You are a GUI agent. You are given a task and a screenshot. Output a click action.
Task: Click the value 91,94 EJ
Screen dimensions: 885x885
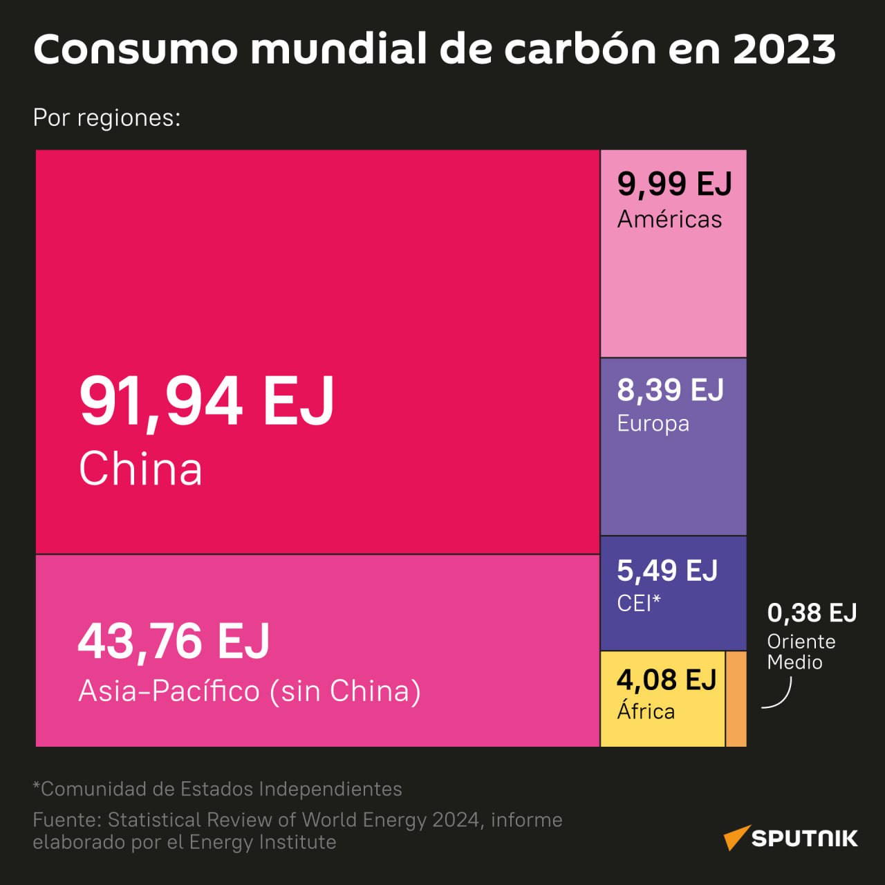point(207,402)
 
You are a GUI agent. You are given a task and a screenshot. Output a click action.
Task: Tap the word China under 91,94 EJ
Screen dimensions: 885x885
point(140,469)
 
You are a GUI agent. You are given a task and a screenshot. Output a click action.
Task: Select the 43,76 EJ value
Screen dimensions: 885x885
point(174,642)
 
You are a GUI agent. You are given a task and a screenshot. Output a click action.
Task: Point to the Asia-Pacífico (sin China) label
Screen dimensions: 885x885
point(250,691)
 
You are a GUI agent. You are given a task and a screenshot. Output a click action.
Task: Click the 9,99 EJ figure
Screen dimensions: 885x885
point(674,184)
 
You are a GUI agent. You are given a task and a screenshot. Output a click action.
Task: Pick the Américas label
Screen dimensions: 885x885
point(669,219)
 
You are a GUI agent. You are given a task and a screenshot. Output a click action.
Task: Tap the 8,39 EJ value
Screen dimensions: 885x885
point(670,391)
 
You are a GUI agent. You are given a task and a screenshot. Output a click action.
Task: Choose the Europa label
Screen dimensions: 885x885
point(653,423)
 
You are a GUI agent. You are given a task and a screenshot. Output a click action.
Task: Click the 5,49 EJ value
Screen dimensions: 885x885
point(667,571)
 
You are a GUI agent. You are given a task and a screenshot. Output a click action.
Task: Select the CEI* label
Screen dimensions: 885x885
point(638,603)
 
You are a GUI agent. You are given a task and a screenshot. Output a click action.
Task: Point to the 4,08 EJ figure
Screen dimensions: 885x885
point(667,680)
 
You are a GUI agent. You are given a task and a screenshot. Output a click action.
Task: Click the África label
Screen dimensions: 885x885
point(646,711)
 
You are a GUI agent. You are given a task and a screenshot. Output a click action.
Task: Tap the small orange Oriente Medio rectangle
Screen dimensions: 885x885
point(736,698)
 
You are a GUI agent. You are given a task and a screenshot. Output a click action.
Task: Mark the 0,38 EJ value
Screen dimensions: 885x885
point(812,613)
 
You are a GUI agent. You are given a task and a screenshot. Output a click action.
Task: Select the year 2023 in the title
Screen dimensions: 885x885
point(784,49)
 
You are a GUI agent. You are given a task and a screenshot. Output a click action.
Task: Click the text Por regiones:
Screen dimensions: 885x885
point(106,118)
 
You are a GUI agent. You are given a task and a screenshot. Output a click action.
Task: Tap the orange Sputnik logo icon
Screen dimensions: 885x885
point(736,837)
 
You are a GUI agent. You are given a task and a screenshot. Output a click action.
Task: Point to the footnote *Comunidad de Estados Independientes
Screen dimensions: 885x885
point(217,789)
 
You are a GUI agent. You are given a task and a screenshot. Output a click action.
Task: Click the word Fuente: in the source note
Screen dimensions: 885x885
point(67,820)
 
